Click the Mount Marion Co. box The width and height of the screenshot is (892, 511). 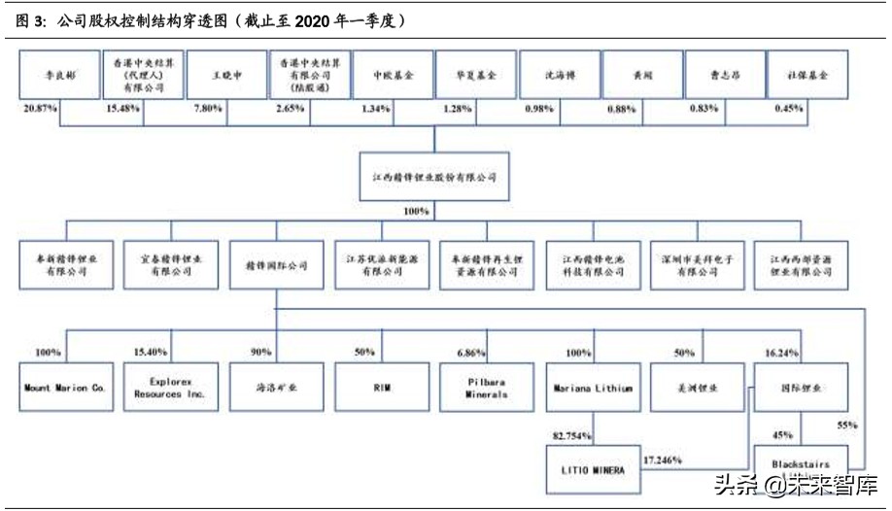tap(64, 388)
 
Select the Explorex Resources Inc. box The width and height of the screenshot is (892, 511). tap(170, 388)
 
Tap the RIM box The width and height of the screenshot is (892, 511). tap(381, 388)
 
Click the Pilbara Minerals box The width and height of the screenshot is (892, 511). tap(486, 388)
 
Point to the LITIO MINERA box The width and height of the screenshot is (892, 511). tap(591, 469)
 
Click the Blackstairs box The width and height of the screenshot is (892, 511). tap(800, 464)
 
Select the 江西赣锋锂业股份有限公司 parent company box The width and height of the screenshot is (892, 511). tap(433, 177)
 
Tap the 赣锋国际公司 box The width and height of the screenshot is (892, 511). tap(275, 265)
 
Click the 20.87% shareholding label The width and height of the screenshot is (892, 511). tap(40, 109)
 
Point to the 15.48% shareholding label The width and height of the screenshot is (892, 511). tap(122, 109)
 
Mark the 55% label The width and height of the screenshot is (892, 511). tap(848, 425)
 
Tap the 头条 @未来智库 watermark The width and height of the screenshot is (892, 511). tap(795, 484)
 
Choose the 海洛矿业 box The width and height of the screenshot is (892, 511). tap(275, 388)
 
